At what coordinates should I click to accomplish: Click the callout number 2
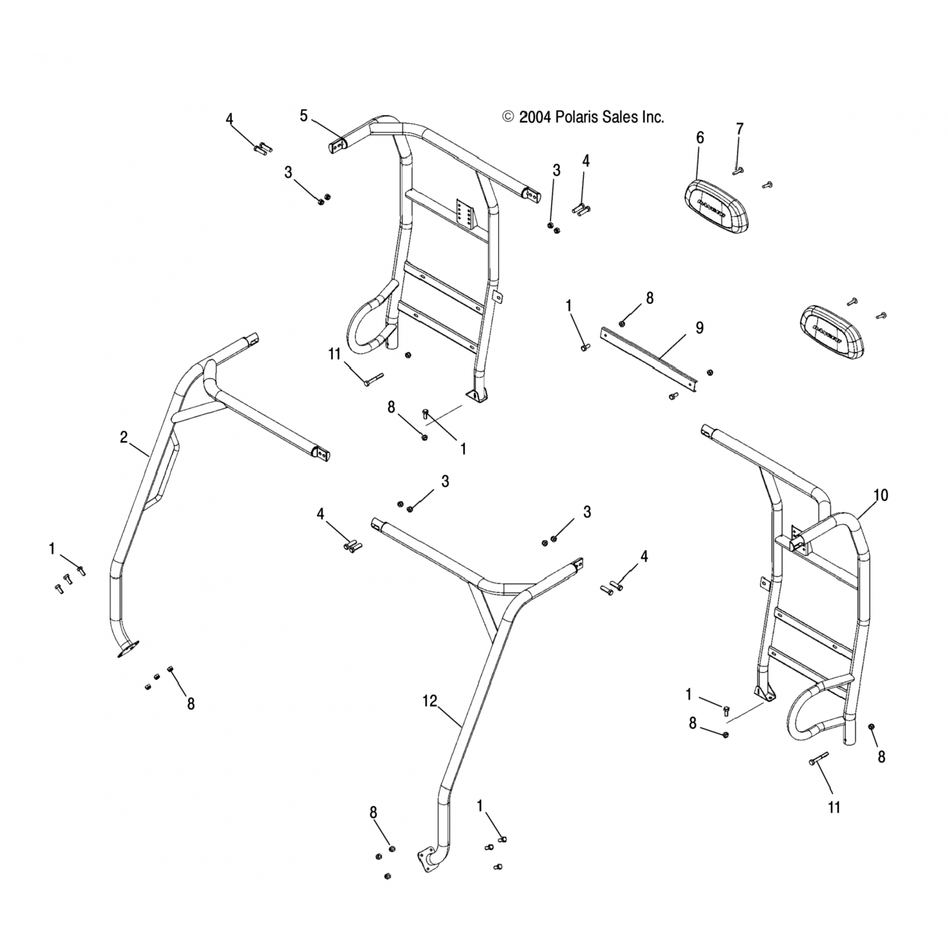coord(124,437)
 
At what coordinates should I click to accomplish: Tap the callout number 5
coord(304,116)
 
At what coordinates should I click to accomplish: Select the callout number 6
coord(700,138)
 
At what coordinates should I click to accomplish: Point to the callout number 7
coord(739,129)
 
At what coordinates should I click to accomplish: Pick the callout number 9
coord(699,327)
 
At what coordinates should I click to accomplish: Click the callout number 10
coord(880,495)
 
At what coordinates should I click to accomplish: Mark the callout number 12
coord(430,702)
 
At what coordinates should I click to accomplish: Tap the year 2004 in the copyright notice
coord(535,117)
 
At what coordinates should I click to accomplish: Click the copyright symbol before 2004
coord(507,117)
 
